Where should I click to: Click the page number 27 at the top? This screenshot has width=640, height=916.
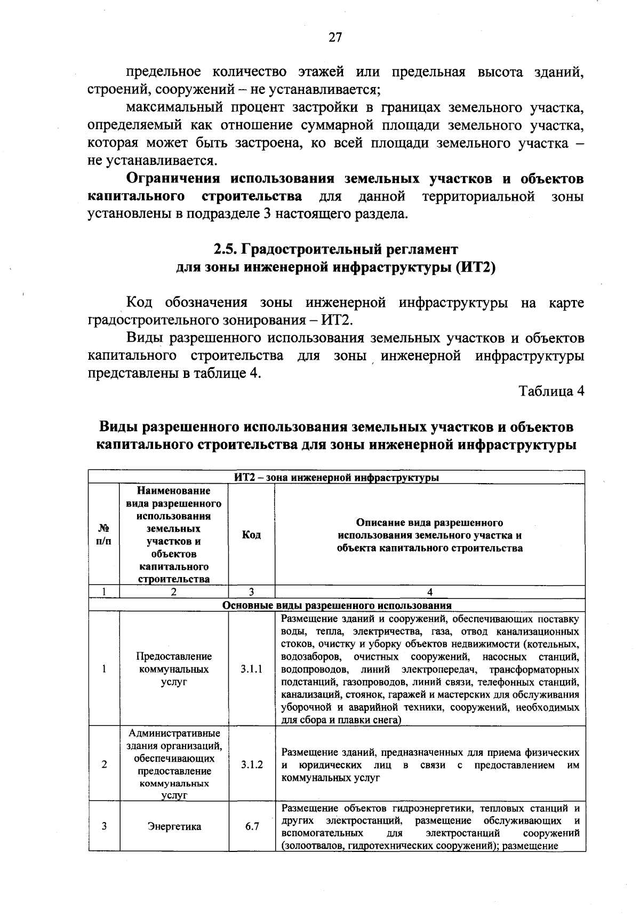pos(335,37)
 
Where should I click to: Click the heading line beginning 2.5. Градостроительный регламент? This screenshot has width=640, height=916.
pos(336,249)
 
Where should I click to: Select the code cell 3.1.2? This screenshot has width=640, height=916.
pos(251,764)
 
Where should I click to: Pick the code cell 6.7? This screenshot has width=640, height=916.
pos(252,826)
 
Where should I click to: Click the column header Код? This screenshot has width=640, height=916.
pos(251,535)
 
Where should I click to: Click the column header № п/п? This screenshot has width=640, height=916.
pos(104,535)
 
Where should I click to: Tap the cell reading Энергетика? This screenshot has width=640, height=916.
pos(174,826)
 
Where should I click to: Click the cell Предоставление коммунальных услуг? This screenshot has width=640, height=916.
pos(174,669)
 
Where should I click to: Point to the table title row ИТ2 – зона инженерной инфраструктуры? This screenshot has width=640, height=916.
pos(337,477)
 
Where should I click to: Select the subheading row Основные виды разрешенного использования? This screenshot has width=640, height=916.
pos(337,605)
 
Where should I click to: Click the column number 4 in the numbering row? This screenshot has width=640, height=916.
pos(430,591)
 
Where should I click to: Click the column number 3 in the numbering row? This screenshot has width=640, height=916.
pos(251,591)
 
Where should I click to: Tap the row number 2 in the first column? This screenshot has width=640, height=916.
pos(104,764)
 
